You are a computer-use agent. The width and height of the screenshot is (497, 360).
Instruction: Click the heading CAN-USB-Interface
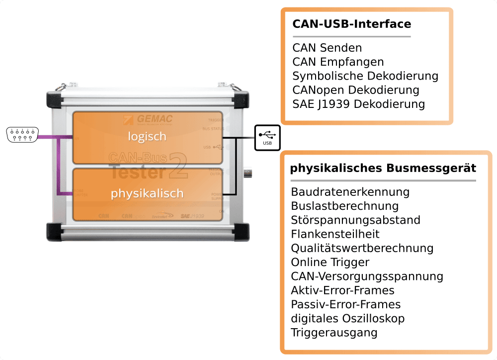(x=351, y=24)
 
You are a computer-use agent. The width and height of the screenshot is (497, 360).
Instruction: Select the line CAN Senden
(x=327, y=48)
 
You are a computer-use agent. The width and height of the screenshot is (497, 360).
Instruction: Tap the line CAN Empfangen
(x=338, y=62)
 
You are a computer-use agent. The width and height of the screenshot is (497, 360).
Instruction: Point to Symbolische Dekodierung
(x=365, y=76)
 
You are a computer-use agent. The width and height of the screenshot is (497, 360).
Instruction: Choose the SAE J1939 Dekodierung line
(x=358, y=104)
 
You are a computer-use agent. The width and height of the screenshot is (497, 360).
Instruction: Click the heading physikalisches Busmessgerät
(x=383, y=168)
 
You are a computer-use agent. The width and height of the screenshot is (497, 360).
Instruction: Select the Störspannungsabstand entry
(x=355, y=220)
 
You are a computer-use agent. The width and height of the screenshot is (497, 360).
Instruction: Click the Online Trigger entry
(x=330, y=262)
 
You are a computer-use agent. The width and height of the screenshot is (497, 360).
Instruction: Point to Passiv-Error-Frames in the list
(x=345, y=304)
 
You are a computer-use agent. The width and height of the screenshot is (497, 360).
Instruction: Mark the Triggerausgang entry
(x=334, y=332)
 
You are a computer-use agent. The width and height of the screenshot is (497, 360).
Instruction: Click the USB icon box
(x=267, y=137)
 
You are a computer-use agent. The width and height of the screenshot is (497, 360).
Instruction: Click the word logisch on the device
(x=147, y=136)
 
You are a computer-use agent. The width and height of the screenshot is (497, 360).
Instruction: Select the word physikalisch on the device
(x=147, y=193)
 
